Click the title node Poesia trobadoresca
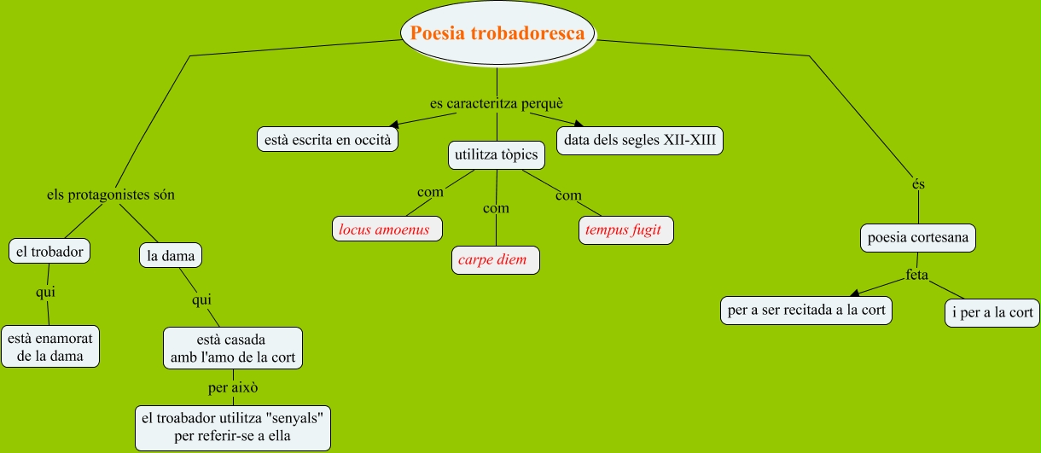497,33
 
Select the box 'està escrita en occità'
329,138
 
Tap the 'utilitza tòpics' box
497,155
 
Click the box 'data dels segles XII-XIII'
640,140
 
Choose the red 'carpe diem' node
496,259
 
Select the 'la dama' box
171,255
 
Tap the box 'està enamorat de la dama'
50,346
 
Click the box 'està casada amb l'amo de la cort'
232,348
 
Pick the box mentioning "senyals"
233,427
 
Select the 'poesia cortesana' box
918,237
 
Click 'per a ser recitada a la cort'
806,310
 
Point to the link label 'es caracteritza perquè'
497,103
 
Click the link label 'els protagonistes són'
110,195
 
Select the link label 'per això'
233,387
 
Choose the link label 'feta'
917,276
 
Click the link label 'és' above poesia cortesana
918,183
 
